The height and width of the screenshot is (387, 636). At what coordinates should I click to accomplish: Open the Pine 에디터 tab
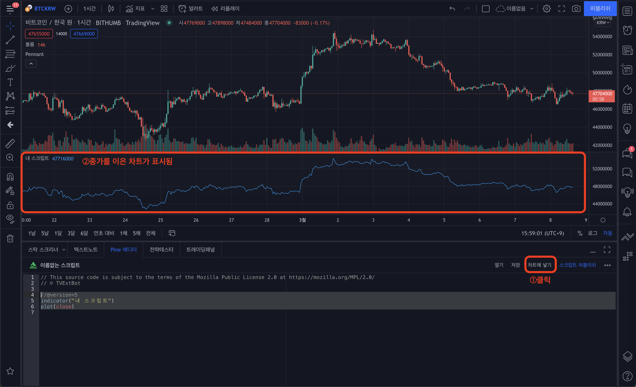(123, 250)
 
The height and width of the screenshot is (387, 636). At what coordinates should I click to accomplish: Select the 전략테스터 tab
(161, 250)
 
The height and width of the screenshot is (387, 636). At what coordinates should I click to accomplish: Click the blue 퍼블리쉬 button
(600, 8)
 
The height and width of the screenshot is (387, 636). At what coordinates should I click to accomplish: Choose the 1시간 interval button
(89, 8)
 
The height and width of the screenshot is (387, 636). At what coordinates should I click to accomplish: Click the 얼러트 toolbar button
(191, 8)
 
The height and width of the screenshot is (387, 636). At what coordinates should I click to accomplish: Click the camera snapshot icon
(576, 8)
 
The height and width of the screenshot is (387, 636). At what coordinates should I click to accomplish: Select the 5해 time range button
(136, 233)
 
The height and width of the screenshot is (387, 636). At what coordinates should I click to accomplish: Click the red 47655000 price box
(39, 34)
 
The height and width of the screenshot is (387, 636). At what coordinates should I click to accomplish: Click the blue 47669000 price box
(84, 34)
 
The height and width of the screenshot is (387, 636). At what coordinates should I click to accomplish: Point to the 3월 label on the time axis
(302, 220)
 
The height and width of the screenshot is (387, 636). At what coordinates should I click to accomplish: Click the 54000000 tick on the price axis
(602, 37)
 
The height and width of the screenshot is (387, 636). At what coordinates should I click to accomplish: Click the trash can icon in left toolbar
(10, 238)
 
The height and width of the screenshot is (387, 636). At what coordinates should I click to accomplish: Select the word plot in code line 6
(47, 307)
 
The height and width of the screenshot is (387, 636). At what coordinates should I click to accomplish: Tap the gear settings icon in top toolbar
(547, 8)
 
